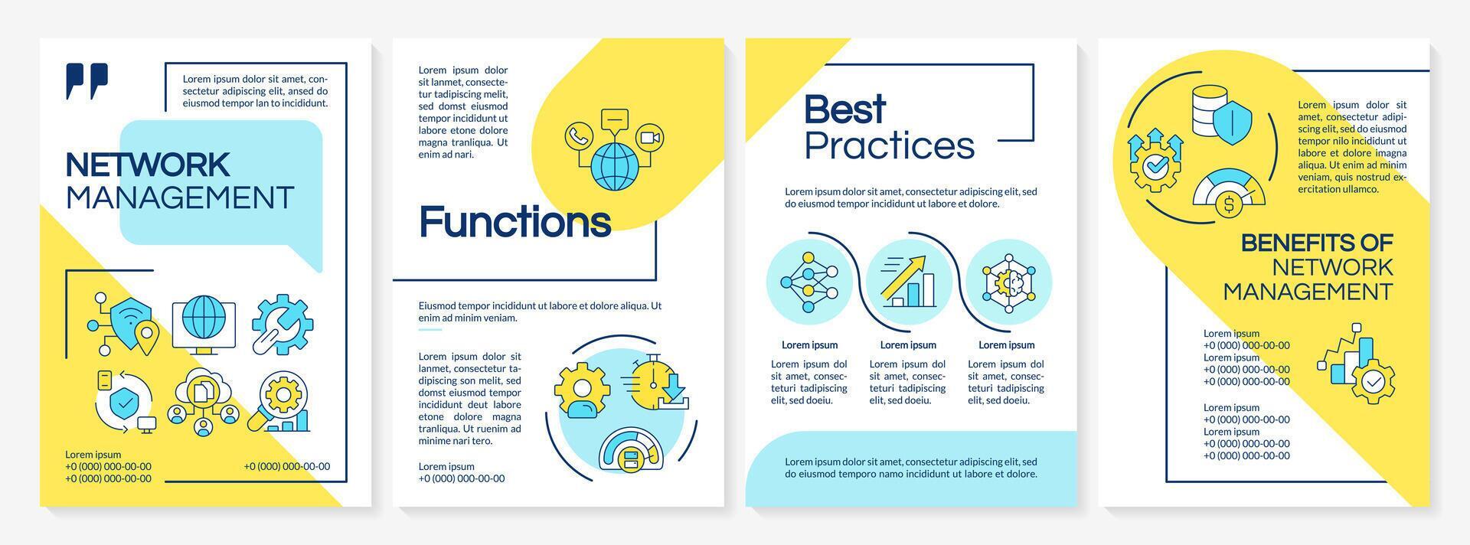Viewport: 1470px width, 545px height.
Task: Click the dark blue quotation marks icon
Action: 87,80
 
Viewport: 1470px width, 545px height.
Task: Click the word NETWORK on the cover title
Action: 148,165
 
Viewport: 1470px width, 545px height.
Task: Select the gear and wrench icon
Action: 282,324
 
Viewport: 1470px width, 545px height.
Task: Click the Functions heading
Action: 514,222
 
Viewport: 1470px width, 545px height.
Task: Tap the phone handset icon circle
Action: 578,137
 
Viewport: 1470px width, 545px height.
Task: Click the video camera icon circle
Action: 649,137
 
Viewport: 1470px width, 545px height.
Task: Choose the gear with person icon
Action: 582,390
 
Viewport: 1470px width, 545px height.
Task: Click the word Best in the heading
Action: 844,109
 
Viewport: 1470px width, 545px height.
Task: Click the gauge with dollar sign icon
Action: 1228,197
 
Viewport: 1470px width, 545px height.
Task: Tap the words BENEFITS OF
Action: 1316,243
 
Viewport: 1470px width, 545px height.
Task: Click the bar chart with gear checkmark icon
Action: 1357,366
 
